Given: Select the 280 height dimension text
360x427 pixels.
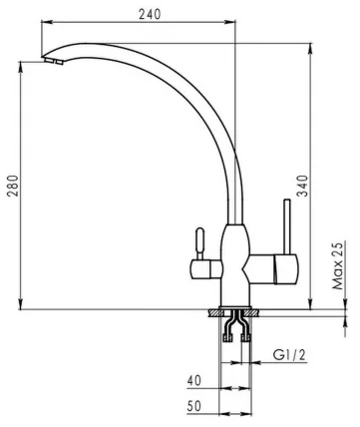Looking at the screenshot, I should tap(12, 186).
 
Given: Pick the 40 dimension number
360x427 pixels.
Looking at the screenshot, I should tap(194, 380).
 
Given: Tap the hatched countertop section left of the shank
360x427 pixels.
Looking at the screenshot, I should tap(216, 314).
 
